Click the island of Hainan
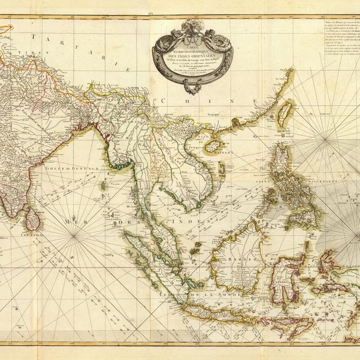tap(213, 145)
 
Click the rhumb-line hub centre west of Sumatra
tap(75, 237)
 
